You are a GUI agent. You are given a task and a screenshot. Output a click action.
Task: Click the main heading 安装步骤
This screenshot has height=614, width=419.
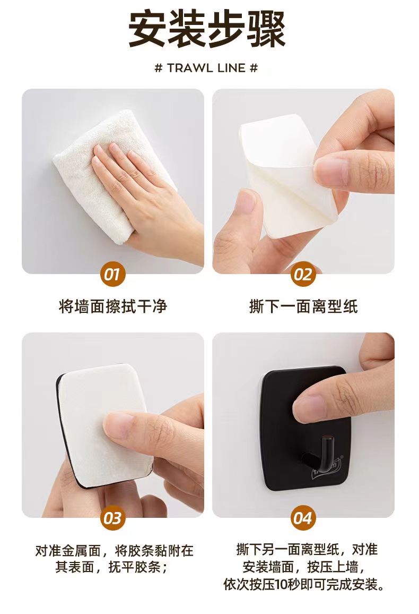(x=207, y=29)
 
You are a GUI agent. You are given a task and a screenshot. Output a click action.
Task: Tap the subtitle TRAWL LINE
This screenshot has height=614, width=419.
(x=206, y=68)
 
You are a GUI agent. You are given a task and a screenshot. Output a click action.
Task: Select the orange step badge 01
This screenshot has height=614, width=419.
(x=113, y=274)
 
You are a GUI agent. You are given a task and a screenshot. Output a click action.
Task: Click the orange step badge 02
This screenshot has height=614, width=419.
(x=303, y=274)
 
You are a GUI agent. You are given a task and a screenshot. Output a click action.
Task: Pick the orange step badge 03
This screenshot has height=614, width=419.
(x=113, y=518)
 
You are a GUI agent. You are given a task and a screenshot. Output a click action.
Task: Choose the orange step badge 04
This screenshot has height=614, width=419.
(x=303, y=518)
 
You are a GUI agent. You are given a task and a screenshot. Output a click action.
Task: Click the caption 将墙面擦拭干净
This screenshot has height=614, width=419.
(x=113, y=306)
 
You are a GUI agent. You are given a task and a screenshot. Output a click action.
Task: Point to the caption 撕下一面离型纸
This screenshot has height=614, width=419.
(x=303, y=306)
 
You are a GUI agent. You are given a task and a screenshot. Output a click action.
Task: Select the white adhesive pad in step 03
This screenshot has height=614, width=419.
(x=103, y=425)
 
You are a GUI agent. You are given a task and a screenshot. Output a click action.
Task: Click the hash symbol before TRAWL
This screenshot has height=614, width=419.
(x=158, y=68)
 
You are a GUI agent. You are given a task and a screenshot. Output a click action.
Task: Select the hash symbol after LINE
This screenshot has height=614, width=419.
(x=254, y=68)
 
